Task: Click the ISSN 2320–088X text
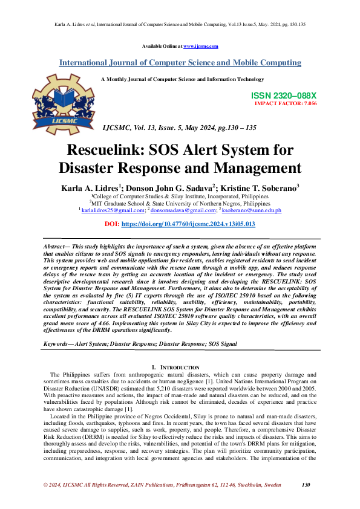283,96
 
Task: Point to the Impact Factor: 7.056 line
286,103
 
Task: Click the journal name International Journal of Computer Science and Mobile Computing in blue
180,63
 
